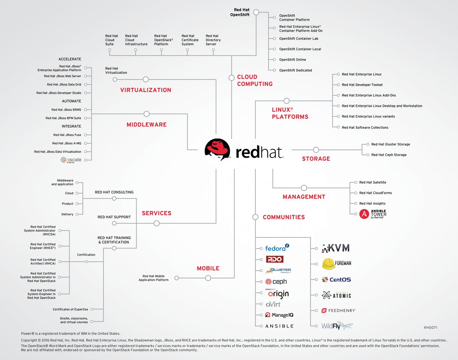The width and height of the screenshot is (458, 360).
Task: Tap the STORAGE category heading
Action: pos(316,158)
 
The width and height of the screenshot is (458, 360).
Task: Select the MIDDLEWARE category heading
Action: pos(146,124)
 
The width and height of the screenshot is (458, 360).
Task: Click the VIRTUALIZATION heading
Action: pos(145,90)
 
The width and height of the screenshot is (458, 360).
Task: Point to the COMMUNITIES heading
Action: pos(284,217)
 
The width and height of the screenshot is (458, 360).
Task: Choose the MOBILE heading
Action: pos(208,268)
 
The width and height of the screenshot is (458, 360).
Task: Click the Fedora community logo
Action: pos(277,248)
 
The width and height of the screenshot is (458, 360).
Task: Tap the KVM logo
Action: pos(335,248)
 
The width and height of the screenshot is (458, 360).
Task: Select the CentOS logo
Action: pos(336,279)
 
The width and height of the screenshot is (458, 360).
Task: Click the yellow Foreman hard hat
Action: pos(329,263)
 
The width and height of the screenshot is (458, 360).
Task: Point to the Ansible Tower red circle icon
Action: pos(364,214)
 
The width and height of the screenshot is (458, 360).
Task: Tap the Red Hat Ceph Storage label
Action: pos(389,155)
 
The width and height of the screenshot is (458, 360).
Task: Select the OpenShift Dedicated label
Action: pos(295,70)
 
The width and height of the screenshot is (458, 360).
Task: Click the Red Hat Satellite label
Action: pos(373,182)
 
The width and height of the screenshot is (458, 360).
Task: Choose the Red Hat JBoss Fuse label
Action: pos(67,135)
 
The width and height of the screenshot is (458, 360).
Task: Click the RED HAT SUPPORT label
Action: pos(114,217)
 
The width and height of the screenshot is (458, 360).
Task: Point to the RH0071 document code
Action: pos(430,328)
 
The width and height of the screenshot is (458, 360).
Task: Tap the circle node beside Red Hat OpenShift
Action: pos(256,12)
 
